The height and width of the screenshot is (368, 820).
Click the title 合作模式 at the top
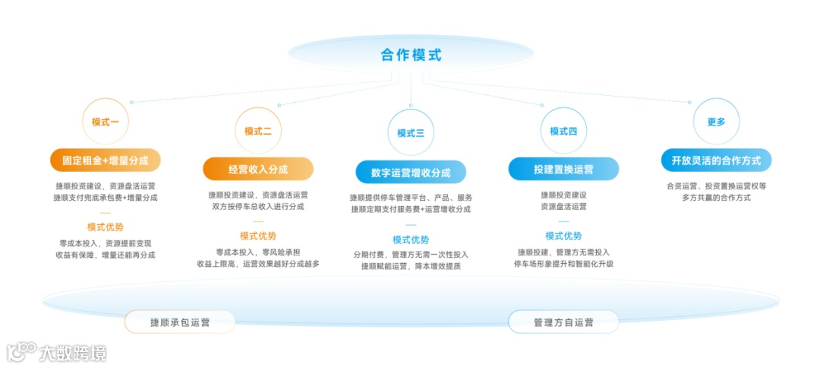click(411, 55)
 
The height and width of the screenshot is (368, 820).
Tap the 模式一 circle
click(106, 122)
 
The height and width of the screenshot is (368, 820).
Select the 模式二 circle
click(258, 131)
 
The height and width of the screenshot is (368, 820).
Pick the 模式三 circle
click(411, 133)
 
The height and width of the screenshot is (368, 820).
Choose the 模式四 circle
click(563, 131)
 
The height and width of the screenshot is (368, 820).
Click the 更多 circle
click(716, 122)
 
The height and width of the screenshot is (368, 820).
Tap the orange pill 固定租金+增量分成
click(106, 160)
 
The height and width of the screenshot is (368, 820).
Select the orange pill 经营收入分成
click(258, 169)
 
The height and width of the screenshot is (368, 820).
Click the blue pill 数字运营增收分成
click(411, 173)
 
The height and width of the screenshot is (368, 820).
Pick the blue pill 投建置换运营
click(563, 169)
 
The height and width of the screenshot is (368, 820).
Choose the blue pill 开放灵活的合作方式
click(716, 160)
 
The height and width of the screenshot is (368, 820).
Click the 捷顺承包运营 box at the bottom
click(180, 322)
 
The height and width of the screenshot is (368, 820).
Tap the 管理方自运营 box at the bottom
click(563, 322)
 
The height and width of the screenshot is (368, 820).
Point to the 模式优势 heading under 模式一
click(106, 227)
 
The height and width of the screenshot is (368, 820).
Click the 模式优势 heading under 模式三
click(411, 240)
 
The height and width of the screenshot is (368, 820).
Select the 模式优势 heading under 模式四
click(563, 236)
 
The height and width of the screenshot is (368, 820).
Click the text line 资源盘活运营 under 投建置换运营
click(563, 207)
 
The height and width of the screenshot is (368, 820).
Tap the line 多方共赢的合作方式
click(716, 198)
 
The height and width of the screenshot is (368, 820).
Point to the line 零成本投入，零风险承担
click(258, 252)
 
